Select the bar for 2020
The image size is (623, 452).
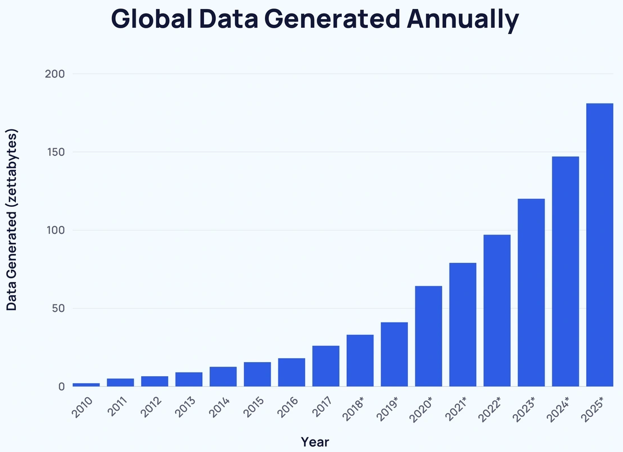(x=428, y=336)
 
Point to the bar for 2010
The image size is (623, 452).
(x=86, y=385)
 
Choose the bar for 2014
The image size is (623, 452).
(x=223, y=376)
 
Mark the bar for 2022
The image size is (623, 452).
(x=497, y=310)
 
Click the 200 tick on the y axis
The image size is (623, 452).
(x=55, y=74)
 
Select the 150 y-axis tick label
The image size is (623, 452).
(x=55, y=152)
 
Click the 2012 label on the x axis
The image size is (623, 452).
(x=152, y=407)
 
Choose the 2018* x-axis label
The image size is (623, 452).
(x=355, y=409)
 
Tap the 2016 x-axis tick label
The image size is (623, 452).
(x=289, y=407)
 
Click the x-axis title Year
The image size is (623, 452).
(x=315, y=441)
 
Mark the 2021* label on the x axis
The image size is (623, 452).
(x=458, y=409)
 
